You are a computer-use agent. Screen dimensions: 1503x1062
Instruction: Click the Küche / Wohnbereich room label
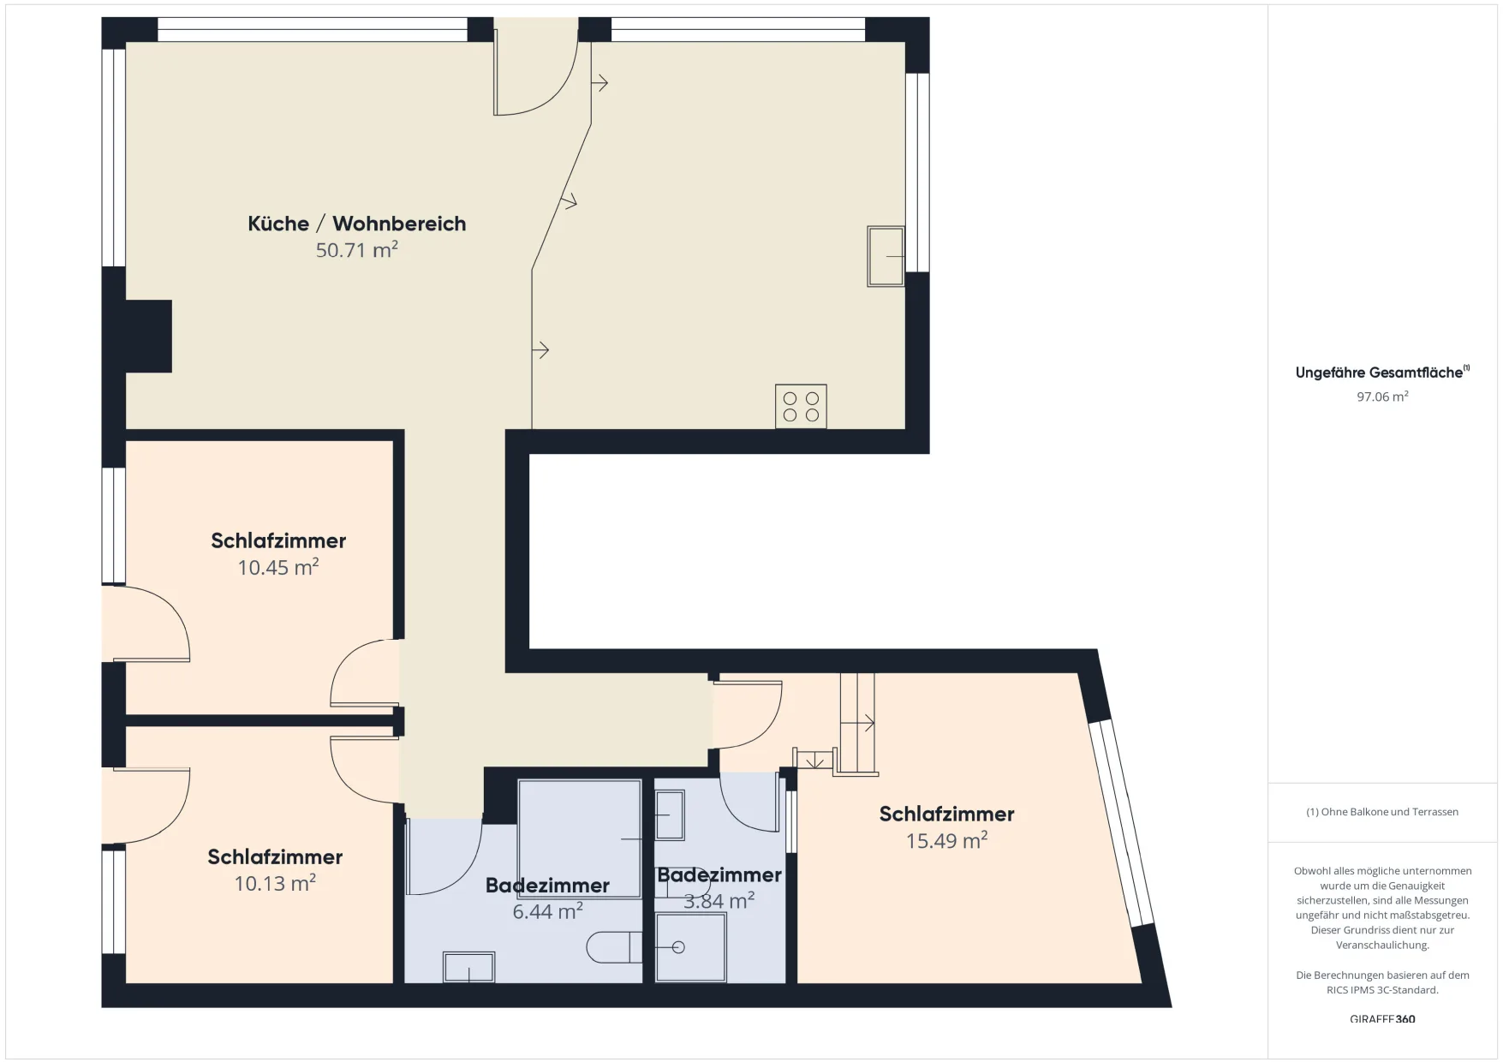pyautogui.click(x=357, y=224)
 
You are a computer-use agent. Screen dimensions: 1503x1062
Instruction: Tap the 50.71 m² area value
pyautogui.click(x=357, y=250)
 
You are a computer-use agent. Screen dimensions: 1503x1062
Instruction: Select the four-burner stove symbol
pyautogui.click(x=801, y=406)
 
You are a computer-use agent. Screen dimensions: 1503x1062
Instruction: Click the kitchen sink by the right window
pyautogui.click(x=886, y=256)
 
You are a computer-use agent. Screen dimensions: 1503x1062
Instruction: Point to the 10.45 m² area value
pyautogui.click(x=278, y=567)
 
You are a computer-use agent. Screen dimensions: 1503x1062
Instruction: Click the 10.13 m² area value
pyautogui.click(x=275, y=883)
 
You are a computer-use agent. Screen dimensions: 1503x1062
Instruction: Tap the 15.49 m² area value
pyautogui.click(x=947, y=840)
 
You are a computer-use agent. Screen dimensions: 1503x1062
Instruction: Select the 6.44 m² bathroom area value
pyautogui.click(x=548, y=911)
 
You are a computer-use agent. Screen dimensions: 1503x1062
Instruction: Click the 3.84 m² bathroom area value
pyautogui.click(x=719, y=901)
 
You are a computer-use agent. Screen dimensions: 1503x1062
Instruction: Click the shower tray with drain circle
pyautogui.click(x=690, y=947)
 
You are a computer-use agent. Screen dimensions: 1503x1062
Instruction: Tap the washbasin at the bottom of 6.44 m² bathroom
pyautogui.click(x=468, y=967)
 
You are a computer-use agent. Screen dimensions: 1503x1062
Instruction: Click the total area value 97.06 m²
pyautogui.click(x=1382, y=397)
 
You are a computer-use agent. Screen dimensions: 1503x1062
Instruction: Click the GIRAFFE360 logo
pyautogui.click(x=1382, y=1019)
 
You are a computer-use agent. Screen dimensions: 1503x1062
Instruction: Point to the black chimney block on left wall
pyautogui.click(x=148, y=336)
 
